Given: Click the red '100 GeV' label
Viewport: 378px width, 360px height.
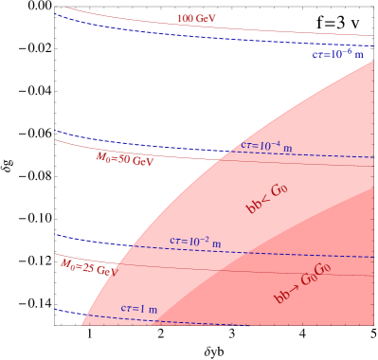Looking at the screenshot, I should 196,19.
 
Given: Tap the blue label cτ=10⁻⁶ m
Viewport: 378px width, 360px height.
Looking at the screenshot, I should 338,55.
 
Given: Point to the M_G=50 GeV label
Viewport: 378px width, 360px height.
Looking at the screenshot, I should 124,158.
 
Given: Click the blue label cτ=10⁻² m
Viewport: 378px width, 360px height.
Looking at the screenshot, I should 195,242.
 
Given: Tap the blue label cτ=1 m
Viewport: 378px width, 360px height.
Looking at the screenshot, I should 139,309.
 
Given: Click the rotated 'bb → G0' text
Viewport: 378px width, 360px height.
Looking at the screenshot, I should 266,199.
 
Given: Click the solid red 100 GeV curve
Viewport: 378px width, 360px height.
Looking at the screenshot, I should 284,28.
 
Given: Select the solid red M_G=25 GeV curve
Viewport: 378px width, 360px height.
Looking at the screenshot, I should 284,272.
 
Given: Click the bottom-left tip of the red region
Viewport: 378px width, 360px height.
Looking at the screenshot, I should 82,326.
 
